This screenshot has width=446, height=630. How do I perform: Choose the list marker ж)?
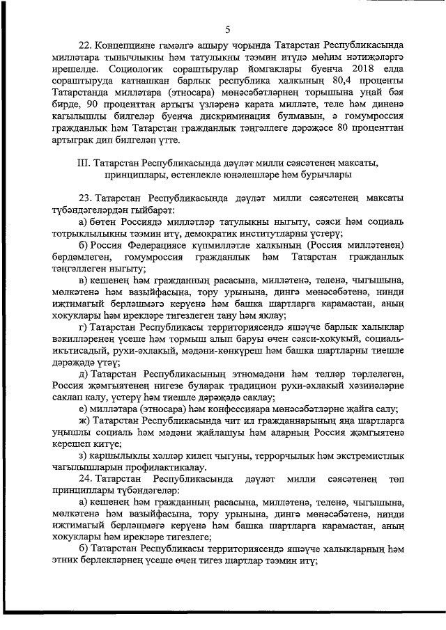click(x=84, y=421)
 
